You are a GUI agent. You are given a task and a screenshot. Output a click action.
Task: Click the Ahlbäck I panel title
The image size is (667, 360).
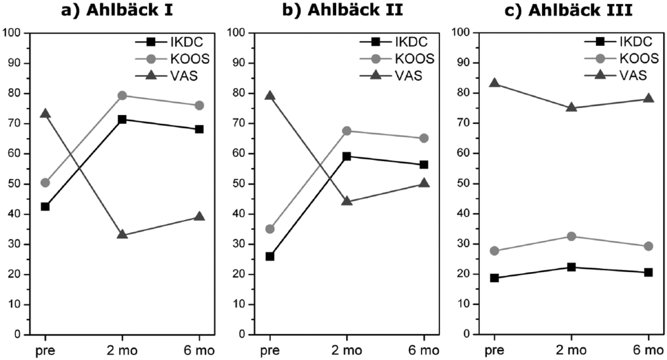point(116,10)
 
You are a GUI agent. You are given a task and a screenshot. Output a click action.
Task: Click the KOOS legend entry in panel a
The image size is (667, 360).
point(172,59)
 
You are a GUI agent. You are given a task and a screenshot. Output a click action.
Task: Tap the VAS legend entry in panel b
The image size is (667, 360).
point(392,76)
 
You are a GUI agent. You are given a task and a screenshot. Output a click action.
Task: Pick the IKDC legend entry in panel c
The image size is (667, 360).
point(619,41)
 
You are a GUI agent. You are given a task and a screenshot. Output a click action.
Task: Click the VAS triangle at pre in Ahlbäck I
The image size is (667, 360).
point(45,113)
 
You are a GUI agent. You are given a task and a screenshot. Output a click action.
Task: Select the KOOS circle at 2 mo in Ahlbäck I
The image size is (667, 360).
point(122,96)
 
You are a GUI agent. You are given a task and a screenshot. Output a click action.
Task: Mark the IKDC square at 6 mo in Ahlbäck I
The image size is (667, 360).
point(199,129)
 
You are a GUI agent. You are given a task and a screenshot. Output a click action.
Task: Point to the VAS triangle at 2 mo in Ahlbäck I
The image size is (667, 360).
point(122,234)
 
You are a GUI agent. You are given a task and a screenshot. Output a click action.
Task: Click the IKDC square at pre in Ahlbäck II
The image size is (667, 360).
point(270,256)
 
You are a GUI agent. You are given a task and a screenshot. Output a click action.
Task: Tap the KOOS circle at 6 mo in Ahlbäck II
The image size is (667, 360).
point(424,138)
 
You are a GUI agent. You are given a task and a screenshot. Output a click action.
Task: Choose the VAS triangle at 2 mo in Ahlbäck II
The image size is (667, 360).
point(347,201)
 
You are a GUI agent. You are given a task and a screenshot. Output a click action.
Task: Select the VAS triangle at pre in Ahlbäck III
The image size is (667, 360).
point(494,83)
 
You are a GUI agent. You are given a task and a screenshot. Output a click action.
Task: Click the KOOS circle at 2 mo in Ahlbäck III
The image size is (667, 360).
point(571,236)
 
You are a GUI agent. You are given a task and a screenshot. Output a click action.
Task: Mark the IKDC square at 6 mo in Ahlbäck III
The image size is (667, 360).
point(648,272)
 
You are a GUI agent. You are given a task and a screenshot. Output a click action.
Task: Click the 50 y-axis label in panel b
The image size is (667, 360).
point(239,184)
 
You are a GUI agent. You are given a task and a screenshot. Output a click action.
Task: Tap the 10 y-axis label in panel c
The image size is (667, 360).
point(463,304)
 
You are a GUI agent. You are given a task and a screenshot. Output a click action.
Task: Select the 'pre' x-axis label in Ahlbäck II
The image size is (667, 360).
point(270,350)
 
